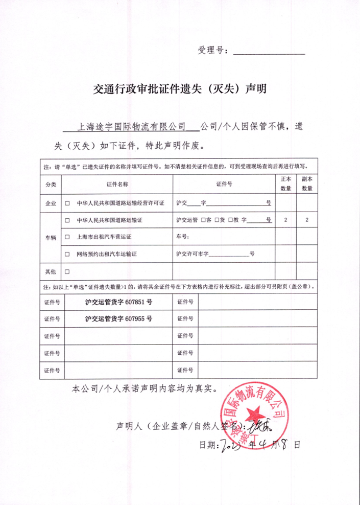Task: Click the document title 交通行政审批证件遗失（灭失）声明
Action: click(x=180, y=88)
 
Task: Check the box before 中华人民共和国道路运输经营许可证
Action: click(x=67, y=203)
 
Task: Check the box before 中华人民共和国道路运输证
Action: click(x=67, y=220)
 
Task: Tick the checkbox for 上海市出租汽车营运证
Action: click(x=67, y=237)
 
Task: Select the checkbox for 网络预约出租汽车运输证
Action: click(x=67, y=254)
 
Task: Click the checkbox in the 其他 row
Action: click(x=67, y=271)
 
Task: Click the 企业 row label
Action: click(x=51, y=203)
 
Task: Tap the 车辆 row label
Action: click(x=51, y=237)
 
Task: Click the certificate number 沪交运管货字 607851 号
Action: click(x=118, y=302)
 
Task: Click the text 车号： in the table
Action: click(x=183, y=237)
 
